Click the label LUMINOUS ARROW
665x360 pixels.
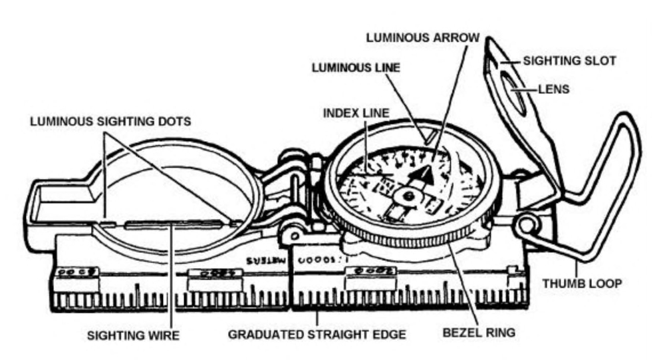coord(423,37)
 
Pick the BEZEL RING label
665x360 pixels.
coord(481,330)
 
